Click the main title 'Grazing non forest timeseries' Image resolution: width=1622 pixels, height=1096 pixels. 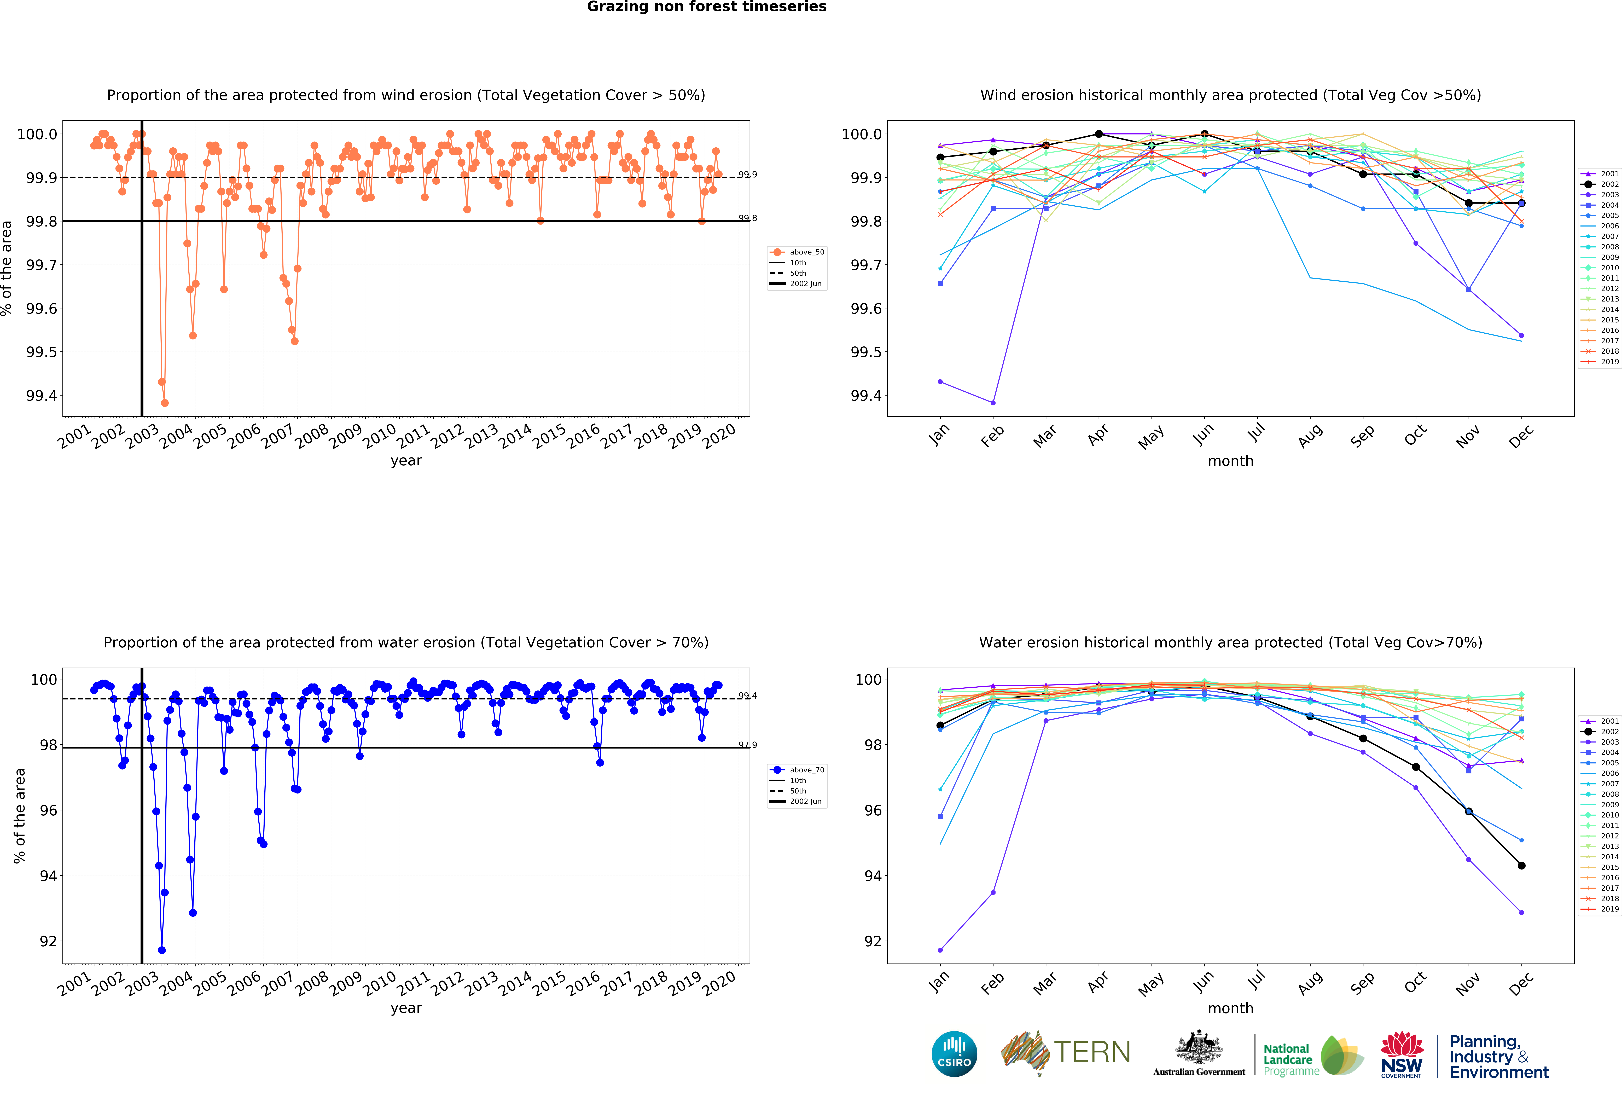pyautogui.click(x=706, y=7)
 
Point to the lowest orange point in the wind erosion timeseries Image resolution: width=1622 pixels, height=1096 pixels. pyautogui.click(x=165, y=403)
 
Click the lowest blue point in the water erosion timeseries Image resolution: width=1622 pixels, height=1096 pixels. pyautogui.click(x=162, y=950)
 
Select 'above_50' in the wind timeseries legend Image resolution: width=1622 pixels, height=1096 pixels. pyautogui.click(x=806, y=252)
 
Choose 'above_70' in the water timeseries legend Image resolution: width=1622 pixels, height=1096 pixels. pyautogui.click(x=806, y=770)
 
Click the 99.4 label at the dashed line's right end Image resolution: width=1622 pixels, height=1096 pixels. pyautogui.click(x=747, y=696)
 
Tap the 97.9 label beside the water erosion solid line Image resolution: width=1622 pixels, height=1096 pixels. pyautogui.click(x=747, y=745)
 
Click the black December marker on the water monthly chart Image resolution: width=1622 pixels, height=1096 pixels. pyautogui.click(x=1521, y=866)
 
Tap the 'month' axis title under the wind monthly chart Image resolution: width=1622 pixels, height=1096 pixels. pyautogui.click(x=1230, y=461)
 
